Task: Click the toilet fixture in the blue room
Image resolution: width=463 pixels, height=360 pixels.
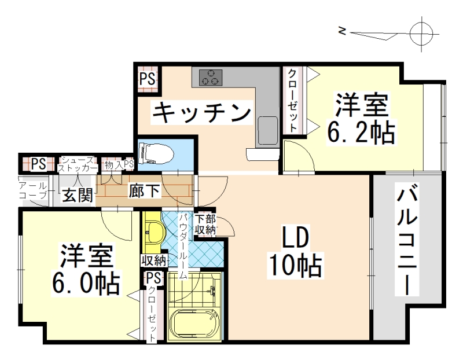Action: [x=156, y=153]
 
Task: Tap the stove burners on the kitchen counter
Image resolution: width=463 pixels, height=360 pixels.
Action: [x=211, y=78]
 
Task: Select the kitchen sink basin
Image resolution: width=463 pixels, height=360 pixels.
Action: [x=268, y=130]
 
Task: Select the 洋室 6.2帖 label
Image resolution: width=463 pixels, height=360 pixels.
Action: [x=361, y=118]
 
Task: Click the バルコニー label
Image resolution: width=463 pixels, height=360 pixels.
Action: [x=407, y=239]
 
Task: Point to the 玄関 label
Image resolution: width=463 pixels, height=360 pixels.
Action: [x=78, y=195]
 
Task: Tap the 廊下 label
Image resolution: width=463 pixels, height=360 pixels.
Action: [x=144, y=191]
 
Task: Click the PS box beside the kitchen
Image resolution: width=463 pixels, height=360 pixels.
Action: [x=148, y=79]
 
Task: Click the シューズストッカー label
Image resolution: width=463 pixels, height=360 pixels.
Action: [x=78, y=164]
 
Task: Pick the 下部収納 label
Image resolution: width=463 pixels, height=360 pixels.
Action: [x=205, y=225]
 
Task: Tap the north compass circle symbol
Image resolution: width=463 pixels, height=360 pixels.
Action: [x=421, y=33]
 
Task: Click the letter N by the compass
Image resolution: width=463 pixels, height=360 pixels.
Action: [x=342, y=31]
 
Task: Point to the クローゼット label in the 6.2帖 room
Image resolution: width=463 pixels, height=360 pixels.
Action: [x=292, y=100]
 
